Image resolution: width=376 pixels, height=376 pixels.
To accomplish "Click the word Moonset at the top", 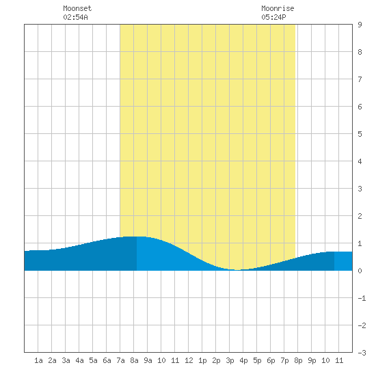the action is click(77, 8).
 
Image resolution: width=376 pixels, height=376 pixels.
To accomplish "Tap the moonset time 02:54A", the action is click(75, 17).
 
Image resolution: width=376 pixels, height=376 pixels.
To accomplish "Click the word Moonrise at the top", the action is click(278, 8).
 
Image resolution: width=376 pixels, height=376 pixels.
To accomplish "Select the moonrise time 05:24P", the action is click(274, 17).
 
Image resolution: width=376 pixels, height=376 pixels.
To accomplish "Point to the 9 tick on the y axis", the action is click(360, 25).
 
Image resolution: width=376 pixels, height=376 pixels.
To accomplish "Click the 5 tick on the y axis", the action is click(360, 134).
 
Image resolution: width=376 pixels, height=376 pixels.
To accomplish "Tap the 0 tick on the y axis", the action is click(360, 271).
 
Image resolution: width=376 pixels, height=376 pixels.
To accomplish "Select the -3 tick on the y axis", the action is click(362, 353).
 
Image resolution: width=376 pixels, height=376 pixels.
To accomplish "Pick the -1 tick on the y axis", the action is click(362, 298).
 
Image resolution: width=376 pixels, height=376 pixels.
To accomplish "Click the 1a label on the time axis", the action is click(38, 360).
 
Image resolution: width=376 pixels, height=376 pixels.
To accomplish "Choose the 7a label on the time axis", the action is click(120, 360).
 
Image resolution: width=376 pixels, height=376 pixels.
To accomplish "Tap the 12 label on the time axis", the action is click(189, 360).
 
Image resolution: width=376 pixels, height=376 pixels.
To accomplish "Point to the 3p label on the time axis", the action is click(230, 360).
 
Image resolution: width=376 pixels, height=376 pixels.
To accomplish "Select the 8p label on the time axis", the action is click(298, 360).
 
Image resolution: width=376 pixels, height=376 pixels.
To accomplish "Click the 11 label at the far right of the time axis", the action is click(339, 360).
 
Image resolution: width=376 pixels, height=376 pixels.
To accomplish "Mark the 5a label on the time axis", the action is click(93, 360).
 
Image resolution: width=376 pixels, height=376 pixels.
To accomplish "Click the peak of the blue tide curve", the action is click(136, 237).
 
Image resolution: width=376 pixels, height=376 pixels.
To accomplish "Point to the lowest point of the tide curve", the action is click(237, 270).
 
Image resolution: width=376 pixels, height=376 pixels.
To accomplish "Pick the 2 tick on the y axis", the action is click(360, 216).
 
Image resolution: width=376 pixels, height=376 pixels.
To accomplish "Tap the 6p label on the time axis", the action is click(271, 360).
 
